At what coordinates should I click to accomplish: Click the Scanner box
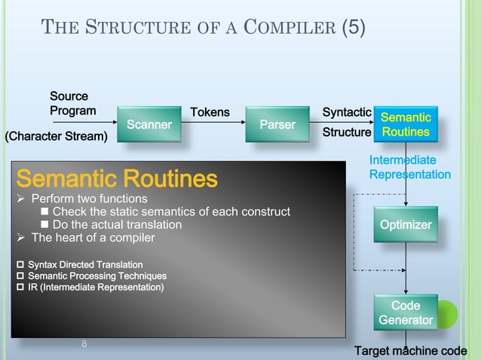[x=149, y=124]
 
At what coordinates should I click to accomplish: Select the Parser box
[x=277, y=124]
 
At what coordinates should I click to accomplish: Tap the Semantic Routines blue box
[x=405, y=124]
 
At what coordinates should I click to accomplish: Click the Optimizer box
[x=406, y=224]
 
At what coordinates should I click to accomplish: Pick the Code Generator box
[x=406, y=313]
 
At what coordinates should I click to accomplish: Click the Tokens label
[x=210, y=112]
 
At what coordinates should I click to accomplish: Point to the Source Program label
[x=72, y=104]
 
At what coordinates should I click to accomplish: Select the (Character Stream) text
[x=57, y=137]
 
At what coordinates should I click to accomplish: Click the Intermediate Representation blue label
[x=409, y=167]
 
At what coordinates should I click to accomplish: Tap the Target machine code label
[x=411, y=351]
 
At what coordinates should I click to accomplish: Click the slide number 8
[x=84, y=344]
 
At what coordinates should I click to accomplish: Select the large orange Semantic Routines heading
[x=117, y=179]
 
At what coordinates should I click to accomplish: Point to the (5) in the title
[x=354, y=29]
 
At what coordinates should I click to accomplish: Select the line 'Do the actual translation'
[x=117, y=224]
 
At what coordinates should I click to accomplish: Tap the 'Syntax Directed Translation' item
[x=84, y=264]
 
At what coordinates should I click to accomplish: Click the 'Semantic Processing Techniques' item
[x=97, y=276]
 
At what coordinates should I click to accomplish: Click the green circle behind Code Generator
[x=447, y=313]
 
